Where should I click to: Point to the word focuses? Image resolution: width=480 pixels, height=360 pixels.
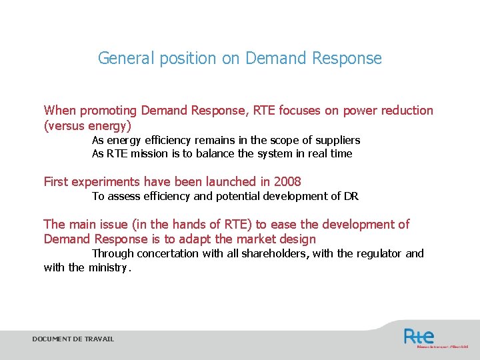299,111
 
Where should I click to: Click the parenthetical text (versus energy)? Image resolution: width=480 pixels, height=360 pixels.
87,125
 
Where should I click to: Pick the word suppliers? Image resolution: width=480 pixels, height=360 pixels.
337,141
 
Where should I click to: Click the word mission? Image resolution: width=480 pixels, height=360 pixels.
149,154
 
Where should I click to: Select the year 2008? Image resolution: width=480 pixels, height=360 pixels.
287,181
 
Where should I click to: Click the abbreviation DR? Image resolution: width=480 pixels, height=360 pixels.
351,196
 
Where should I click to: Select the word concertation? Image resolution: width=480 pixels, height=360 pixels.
165,254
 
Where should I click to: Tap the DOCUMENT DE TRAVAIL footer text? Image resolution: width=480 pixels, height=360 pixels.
73,339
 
